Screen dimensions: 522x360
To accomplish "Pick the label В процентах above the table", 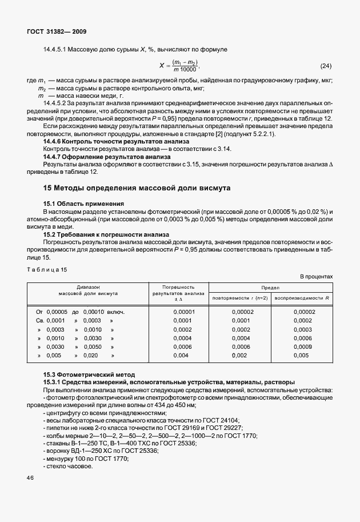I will (x=316, y=277).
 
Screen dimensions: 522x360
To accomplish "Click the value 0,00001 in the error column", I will (x=184, y=312).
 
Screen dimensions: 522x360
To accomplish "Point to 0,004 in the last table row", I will (x=181, y=355).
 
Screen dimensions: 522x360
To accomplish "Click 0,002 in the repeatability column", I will (x=241, y=355).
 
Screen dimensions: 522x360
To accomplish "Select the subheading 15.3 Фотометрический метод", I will (x=89, y=374).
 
